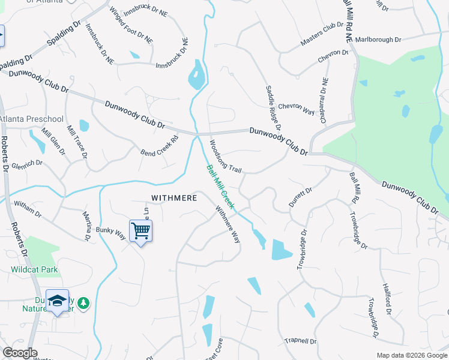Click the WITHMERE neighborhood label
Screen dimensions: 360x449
pos(174,197)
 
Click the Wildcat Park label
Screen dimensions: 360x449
pos(34,269)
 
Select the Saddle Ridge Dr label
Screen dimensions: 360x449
pos(273,109)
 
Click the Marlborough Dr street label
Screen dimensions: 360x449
pos(378,40)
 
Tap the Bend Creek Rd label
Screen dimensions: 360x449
pos(160,146)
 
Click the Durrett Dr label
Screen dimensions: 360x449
pos(301,197)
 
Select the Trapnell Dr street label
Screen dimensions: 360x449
pos(300,341)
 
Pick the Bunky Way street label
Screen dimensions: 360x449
pos(110,233)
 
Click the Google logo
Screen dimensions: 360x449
pos(20,353)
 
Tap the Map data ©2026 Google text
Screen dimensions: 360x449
pos(411,355)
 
